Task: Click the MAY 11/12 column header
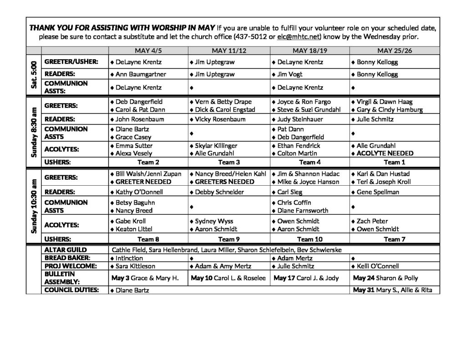229,51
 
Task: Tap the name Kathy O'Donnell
139,192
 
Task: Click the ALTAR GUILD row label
63,250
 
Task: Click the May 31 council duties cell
392,290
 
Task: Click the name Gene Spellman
378,192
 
